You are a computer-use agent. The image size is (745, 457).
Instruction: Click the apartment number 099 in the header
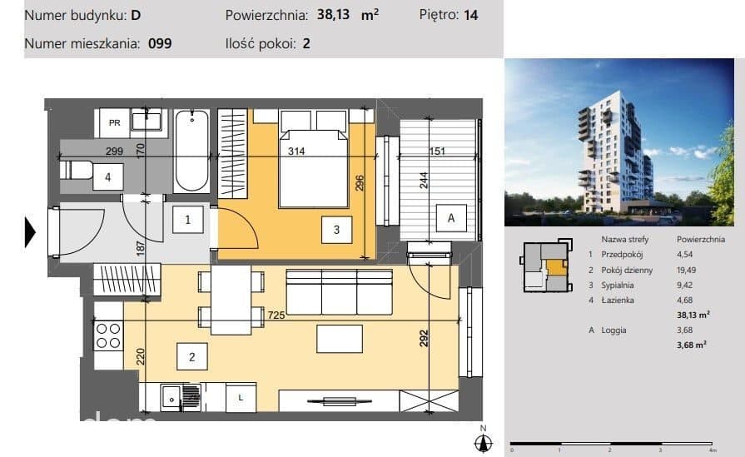tap(160, 44)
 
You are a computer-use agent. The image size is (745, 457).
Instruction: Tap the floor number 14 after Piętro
tap(470, 15)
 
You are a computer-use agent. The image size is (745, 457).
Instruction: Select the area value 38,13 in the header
tap(333, 15)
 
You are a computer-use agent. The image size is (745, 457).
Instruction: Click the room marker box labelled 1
tap(187, 220)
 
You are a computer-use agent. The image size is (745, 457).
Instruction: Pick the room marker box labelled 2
tap(192, 357)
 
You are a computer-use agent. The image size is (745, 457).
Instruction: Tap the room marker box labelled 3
tap(336, 230)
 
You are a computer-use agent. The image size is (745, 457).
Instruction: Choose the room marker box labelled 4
tap(108, 177)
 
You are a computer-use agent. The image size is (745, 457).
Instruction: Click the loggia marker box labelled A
tap(451, 218)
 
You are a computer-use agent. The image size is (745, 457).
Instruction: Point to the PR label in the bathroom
tap(115, 123)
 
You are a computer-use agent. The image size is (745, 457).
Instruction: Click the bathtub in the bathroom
tap(192, 151)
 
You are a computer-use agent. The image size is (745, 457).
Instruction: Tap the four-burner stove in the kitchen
tap(108, 335)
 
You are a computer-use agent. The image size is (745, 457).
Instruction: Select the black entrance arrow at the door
tap(30, 232)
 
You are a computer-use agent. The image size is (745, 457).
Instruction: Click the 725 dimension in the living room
tap(276, 315)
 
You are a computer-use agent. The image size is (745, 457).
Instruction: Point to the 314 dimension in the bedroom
tap(296, 151)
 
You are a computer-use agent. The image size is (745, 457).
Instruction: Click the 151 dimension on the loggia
tap(437, 151)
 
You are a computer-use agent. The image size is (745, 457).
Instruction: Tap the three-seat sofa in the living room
tap(340, 291)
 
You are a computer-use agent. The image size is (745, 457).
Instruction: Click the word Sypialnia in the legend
tap(617, 285)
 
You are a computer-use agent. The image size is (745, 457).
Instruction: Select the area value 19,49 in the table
tap(686, 270)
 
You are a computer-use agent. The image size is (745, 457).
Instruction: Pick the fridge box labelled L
tap(241, 398)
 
